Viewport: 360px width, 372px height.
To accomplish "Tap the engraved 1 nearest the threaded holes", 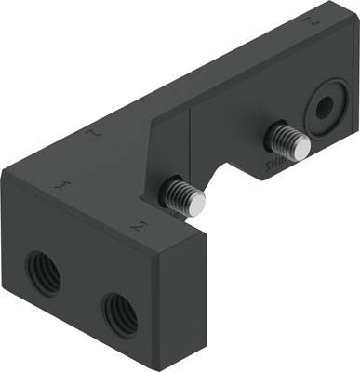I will pyautogui.click(x=61, y=186).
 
